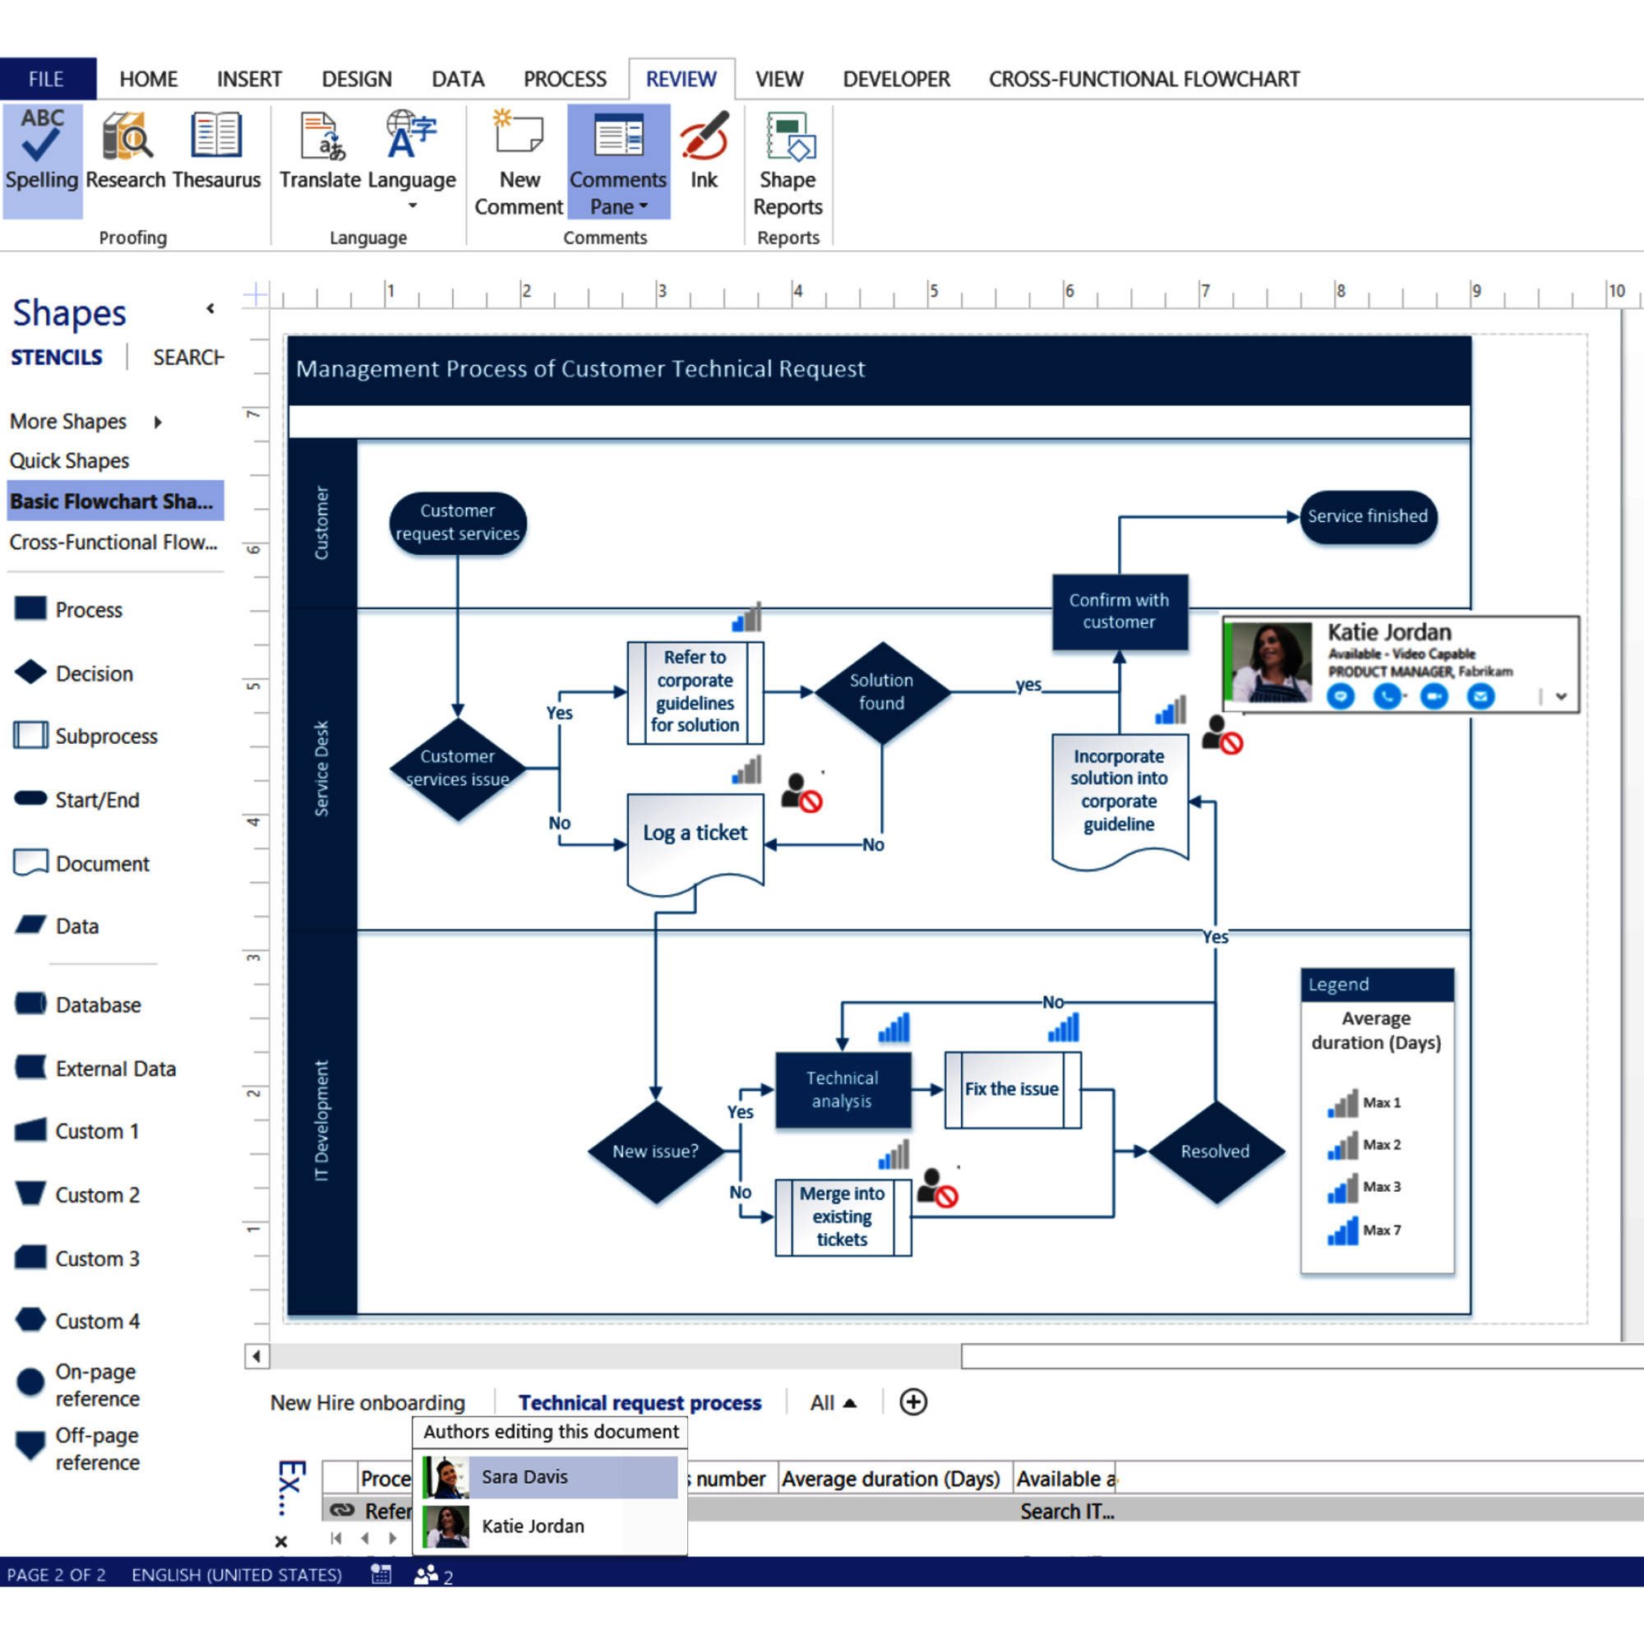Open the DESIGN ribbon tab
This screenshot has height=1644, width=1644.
coord(357,79)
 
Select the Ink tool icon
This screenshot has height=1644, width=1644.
coord(704,150)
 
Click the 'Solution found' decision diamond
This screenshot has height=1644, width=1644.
coord(881,692)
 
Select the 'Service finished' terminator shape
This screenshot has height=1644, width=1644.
coord(1367,516)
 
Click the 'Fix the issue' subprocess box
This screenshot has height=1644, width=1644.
coord(1012,1089)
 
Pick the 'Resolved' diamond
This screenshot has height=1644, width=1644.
coord(1214,1152)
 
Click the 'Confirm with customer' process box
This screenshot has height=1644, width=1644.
coord(1119,611)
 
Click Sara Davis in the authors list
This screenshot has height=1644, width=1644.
coord(524,1477)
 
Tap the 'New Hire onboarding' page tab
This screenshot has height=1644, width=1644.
coord(367,1402)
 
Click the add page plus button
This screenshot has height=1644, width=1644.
coord(913,1402)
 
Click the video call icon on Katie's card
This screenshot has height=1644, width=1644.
coord(1434,696)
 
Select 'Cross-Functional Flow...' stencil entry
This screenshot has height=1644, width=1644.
coord(113,543)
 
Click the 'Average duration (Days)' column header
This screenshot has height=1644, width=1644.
coord(890,1479)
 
